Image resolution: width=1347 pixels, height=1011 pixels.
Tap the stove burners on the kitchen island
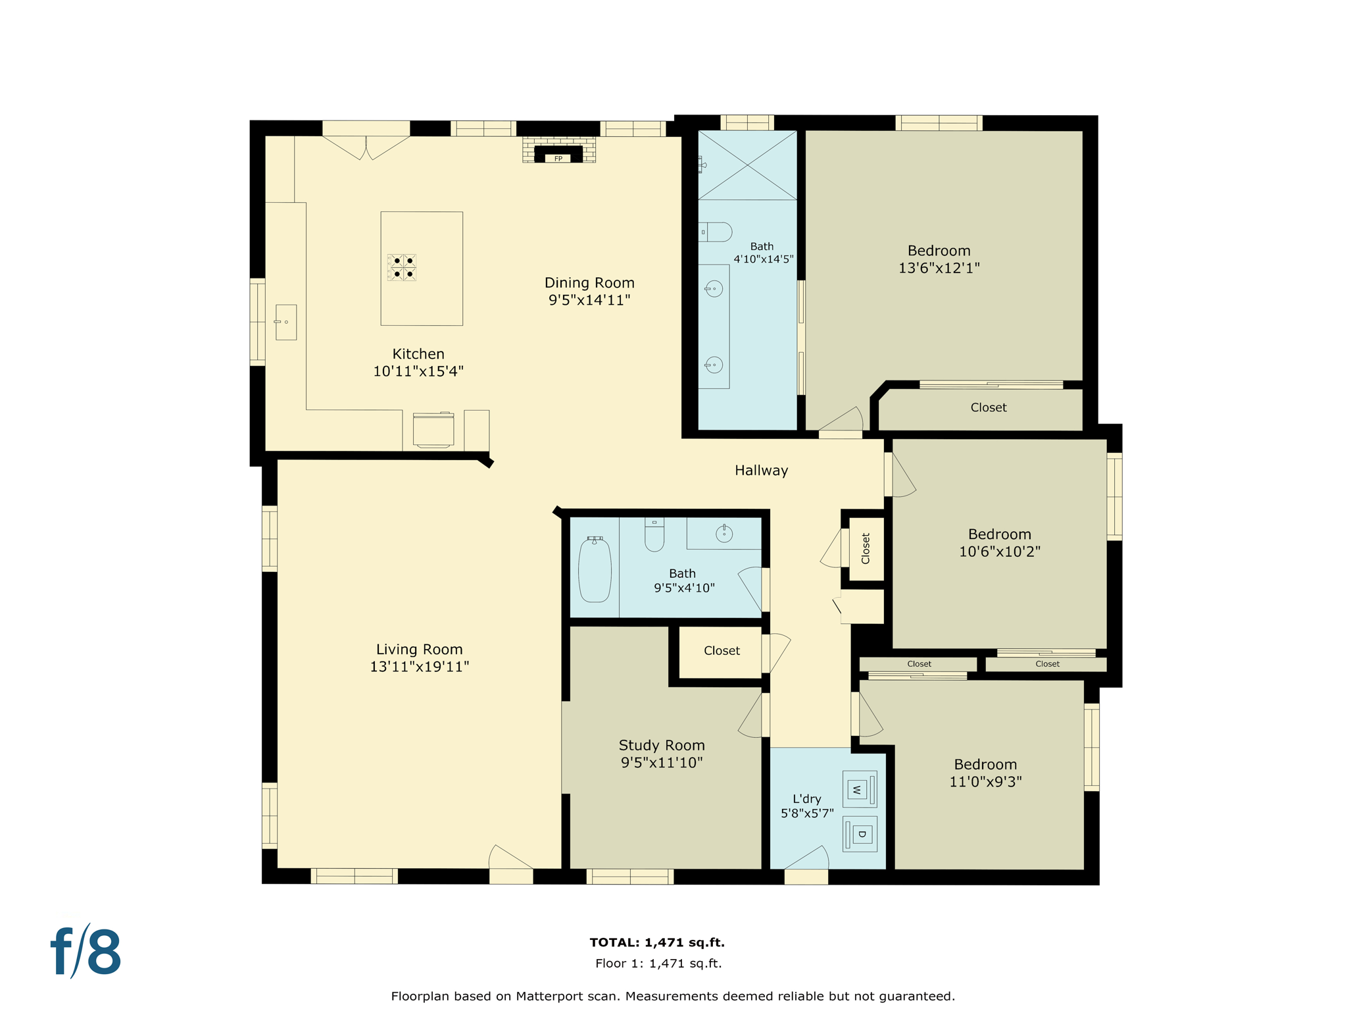402,267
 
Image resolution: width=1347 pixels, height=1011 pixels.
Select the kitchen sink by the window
286,322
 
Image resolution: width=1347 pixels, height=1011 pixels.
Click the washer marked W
859,789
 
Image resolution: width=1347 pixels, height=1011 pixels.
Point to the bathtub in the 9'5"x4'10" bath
595,569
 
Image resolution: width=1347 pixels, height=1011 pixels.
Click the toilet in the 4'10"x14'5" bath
716,232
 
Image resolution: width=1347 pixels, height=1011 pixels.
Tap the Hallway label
761,470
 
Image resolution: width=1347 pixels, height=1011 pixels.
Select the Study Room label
662,745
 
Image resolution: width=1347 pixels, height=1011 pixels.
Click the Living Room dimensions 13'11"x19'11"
420,667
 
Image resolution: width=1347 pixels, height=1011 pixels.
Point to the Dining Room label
589,283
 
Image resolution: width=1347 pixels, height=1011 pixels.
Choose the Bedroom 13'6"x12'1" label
939,251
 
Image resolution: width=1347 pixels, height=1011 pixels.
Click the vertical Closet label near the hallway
866,548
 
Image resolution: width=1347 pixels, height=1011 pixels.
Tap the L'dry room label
806,798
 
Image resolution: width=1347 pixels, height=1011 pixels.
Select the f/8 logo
86,952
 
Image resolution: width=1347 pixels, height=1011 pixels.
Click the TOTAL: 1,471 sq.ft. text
657,942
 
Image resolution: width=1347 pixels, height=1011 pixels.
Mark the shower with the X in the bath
748,165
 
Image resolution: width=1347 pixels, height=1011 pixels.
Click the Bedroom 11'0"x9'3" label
985,764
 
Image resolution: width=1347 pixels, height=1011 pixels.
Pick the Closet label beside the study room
722,650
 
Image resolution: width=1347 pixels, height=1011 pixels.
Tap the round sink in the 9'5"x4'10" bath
724,534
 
